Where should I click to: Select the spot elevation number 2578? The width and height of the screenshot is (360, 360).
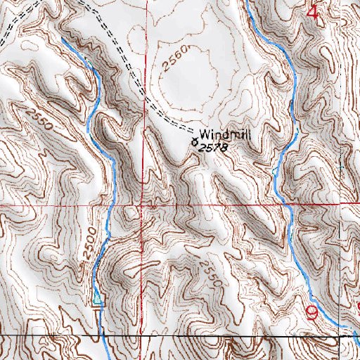click(214, 148)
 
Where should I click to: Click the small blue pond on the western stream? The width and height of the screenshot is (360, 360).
click(97, 301)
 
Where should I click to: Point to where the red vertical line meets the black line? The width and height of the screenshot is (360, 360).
click(148, 337)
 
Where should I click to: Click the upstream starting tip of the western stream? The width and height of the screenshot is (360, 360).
click(61, 39)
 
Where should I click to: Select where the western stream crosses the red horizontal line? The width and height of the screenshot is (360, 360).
click(112, 206)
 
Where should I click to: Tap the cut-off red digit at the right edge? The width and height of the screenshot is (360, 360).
click(357, 307)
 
